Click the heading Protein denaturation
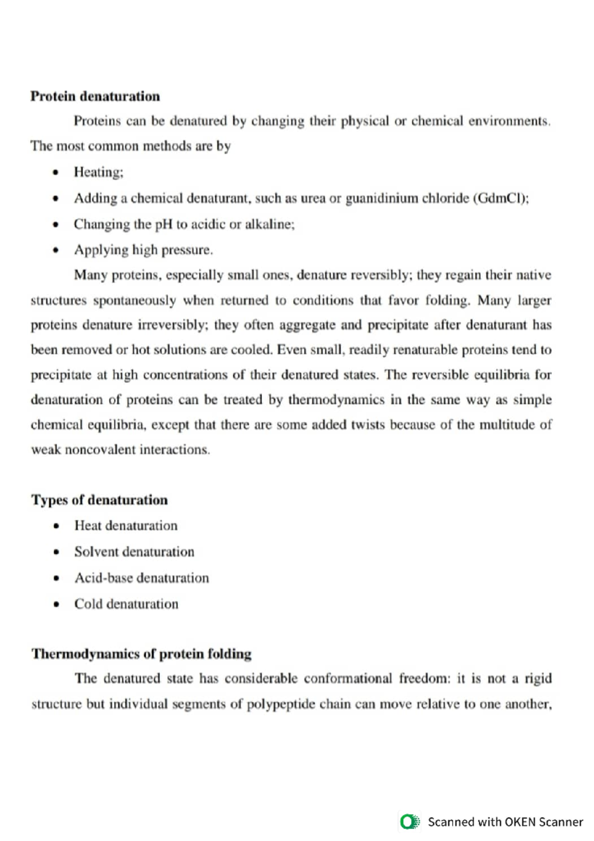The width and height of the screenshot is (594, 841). tap(95, 96)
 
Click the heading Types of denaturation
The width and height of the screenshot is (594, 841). tap(99, 500)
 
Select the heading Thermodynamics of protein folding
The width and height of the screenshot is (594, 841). tap(142, 654)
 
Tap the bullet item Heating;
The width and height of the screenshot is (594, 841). tap(99, 172)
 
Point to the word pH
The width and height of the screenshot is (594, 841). tap(164, 224)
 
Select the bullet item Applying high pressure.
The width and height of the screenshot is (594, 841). tap(144, 250)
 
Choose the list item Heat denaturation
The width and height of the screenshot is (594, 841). tap(126, 526)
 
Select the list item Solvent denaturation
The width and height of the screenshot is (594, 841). tap(134, 552)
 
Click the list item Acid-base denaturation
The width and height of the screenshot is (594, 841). tap(142, 578)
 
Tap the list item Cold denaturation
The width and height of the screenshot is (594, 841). tap(126, 604)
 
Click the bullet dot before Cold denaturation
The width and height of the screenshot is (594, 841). tap(56, 605)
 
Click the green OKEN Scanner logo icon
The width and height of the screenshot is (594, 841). tap(409, 822)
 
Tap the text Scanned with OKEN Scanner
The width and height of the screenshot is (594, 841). tap(505, 822)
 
